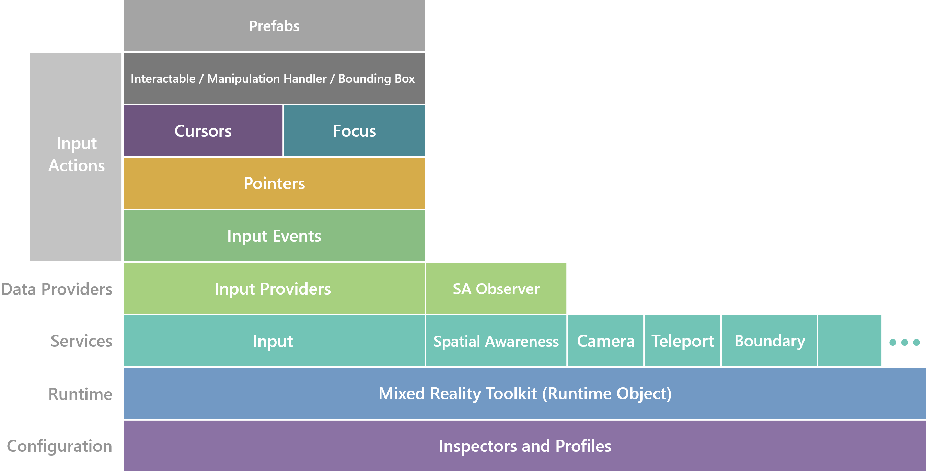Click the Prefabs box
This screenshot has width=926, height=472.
pyautogui.click(x=274, y=26)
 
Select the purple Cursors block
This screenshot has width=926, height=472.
pyautogui.click(x=203, y=131)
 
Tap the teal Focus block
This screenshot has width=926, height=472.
pyautogui.click(x=354, y=131)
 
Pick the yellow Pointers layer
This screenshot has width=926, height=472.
pyautogui.click(x=274, y=183)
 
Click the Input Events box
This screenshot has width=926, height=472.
pyautogui.click(x=274, y=236)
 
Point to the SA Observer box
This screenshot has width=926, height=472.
pyautogui.click(x=496, y=289)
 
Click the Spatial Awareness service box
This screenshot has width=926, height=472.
pyautogui.click(x=496, y=341)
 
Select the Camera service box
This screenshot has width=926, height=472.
pyautogui.click(x=605, y=341)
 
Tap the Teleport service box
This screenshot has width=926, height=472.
pyautogui.click(x=682, y=341)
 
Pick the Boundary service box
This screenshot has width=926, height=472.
pyautogui.click(x=769, y=341)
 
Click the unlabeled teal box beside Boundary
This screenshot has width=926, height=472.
pyautogui.click(x=849, y=341)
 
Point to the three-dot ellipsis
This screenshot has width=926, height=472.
pyautogui.click(x=904, y=342)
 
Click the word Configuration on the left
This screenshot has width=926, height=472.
pyautogui.click(x=60, y=446)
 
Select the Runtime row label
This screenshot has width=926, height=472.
pyautogui.click(x=80, y=394)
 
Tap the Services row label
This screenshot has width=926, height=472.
pyautogui.click(x=81, y=341)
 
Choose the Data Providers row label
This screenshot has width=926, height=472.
pyautogui.click(x=57, y=289)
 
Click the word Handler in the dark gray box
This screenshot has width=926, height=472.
pyautogui.click(x=305, y=78)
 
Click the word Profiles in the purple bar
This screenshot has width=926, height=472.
pyautogui.click(x=583, y=446)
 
